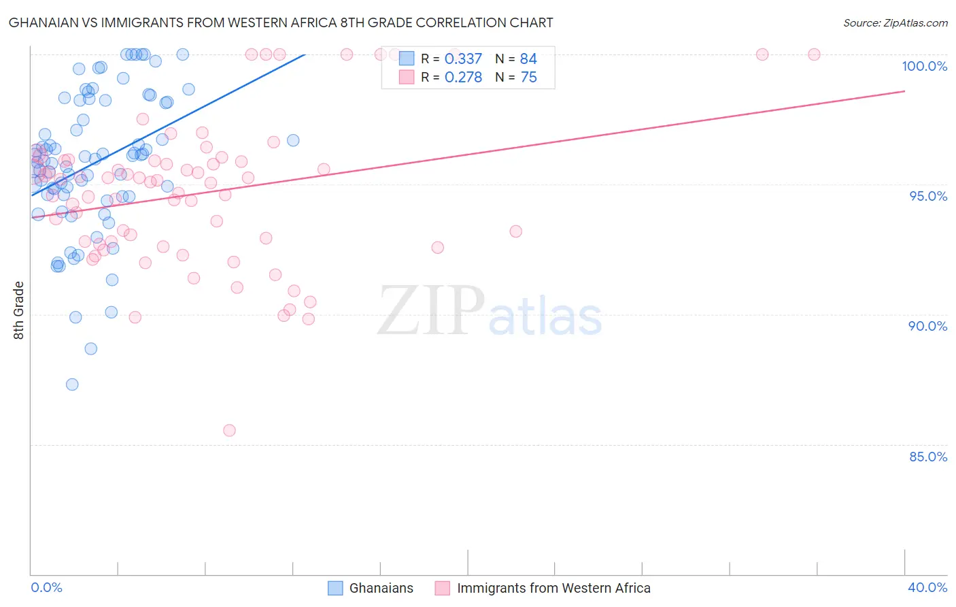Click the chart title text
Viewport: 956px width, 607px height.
pos(281,22)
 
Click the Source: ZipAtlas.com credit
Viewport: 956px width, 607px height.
pos(895,22)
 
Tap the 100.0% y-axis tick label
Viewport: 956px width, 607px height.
pos(924,66)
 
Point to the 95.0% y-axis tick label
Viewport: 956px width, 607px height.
pos(928,196)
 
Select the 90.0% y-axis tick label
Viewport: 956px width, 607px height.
pos(927,326)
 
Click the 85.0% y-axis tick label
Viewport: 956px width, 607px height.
pos(928,457)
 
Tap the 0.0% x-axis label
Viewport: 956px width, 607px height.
pos(46,587)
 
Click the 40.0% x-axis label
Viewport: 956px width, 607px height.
pos(927,587)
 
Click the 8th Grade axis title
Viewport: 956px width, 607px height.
pos(18,310)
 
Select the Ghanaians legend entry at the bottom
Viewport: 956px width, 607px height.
pos(381,588)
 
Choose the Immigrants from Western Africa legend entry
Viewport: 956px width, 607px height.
pos(553,588)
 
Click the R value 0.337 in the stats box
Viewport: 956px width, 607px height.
pos(463,59)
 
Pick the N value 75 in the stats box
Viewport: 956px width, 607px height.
pos(528,78)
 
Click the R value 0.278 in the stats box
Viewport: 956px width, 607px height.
pos(463,78)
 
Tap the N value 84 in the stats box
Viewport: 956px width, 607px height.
pos(528,59)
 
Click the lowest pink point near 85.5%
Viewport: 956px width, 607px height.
pos(229,430)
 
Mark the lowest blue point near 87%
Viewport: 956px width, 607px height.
pos(72,384)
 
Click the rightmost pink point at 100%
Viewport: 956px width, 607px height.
pos(814,54)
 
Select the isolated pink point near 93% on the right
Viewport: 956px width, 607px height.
pos(516,231)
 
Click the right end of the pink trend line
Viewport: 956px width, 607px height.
pos(904,91)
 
